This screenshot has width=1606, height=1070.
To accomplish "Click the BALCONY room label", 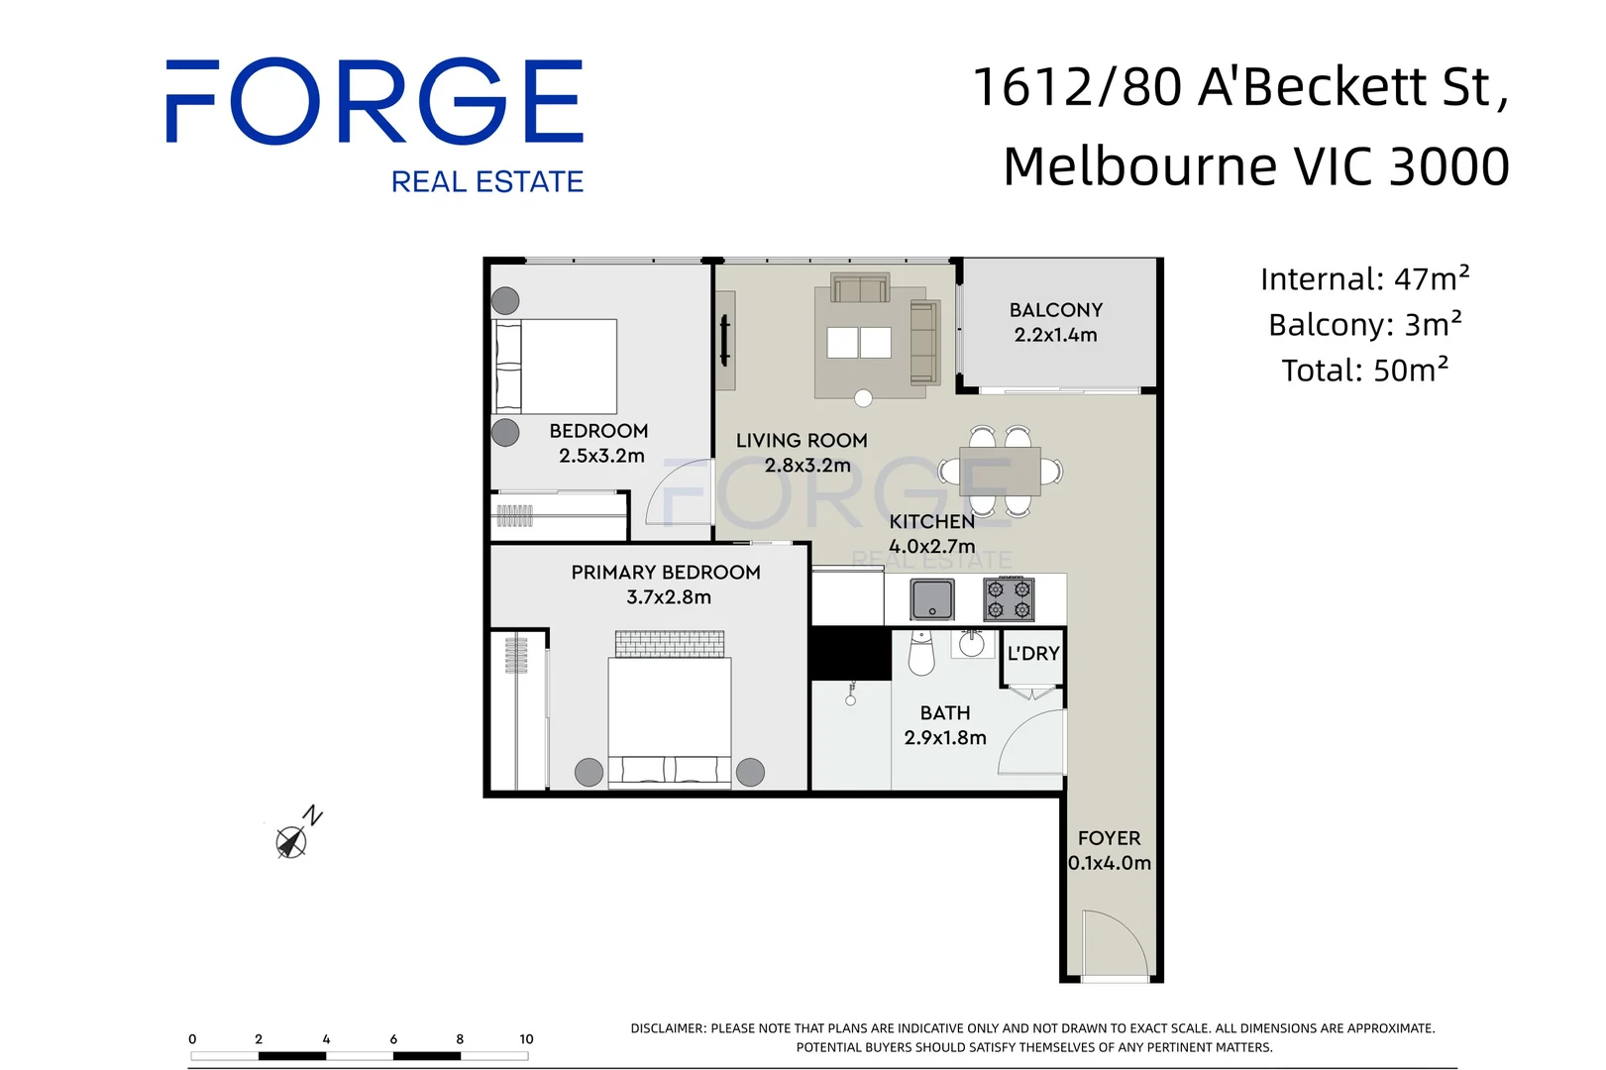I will coord(1055,310).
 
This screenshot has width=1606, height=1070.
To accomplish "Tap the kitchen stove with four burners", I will coord(1009,599).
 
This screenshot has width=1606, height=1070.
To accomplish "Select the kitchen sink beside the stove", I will coord(932,599).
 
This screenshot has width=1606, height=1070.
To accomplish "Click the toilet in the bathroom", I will coord(921,655).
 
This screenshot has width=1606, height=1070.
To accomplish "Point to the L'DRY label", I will coord(1033,654).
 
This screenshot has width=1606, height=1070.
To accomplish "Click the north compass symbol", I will coord(292,840).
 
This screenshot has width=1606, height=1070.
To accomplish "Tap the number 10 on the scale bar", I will coord(526,1039).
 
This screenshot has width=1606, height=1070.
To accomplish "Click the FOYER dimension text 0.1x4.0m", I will coord(1110,863).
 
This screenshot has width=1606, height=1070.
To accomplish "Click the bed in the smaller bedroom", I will coord(557,367).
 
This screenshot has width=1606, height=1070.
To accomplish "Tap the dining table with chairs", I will coord(1000,471).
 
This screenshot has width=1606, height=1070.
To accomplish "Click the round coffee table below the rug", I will coord(863,398).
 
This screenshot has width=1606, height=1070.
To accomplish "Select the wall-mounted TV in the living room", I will coord(724,341).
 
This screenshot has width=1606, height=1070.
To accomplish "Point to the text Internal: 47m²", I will coord(1364,279).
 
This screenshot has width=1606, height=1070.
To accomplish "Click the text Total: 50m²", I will coord(1364,371).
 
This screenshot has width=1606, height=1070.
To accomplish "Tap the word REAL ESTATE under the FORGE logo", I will coord(486,182).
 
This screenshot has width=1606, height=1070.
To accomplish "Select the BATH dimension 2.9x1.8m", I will coord(945,738).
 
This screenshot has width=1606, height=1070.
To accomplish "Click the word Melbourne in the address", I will coord(1139,166).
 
